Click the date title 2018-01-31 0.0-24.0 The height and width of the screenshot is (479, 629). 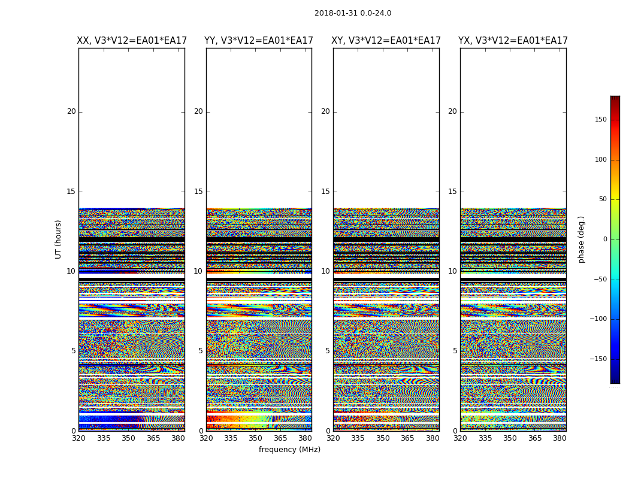(x=353, y=13)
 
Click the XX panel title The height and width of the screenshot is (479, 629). (x=132, y=41)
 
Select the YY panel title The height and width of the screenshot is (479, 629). (x=259, y=41)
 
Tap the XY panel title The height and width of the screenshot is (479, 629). (x=386, y=41)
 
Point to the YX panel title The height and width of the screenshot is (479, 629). (x=513, y=41)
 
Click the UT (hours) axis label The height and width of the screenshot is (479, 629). (x=59, y=239)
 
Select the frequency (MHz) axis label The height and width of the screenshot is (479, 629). (x=289, y=450)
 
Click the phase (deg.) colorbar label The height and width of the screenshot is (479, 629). (x=581, y=239)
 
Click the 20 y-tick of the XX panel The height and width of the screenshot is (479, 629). (x=71, y=111)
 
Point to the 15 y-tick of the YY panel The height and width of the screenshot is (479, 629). (x=198, y=192)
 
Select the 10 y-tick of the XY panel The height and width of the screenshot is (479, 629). (x=325, y=271)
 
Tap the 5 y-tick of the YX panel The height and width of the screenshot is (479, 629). (x=455, y=351)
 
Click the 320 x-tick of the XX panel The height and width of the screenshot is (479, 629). (x=79, y=438)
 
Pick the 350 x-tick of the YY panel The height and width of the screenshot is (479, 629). (x=256, y=438)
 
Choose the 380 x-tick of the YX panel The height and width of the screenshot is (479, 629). (x=560, y=438)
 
